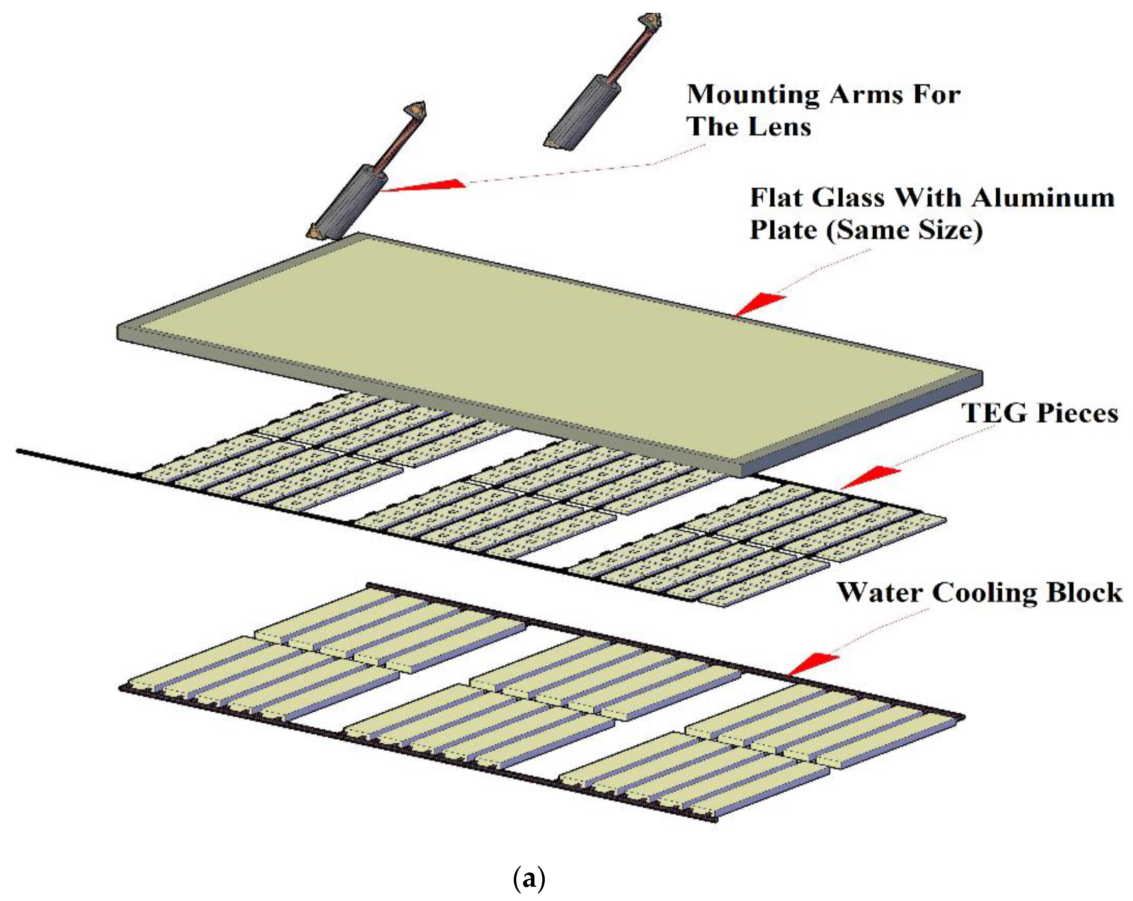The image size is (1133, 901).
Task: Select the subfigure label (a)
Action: [529, 878]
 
